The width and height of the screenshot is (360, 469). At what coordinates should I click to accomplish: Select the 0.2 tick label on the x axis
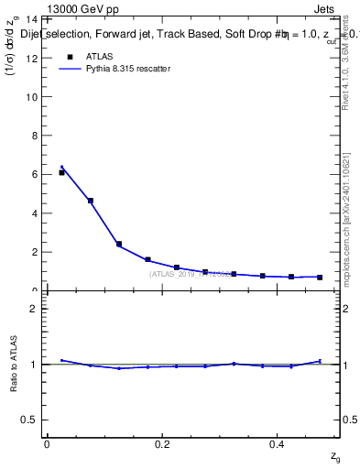pos(162,444)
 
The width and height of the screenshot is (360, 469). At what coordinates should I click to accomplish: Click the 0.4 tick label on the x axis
pos(278,444)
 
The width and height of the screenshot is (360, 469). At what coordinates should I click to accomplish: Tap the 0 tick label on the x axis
pos(47,444)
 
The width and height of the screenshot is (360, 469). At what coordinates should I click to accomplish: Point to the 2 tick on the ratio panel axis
pos(34,309)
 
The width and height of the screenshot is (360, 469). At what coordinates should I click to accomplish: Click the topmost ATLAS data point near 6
pos(61,172)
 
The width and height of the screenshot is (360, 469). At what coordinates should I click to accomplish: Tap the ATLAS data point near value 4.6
pos(90,201)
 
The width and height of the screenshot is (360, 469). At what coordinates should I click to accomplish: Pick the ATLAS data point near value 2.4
pos(119,244)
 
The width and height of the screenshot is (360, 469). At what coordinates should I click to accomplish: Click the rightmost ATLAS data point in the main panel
pos(320,277)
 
